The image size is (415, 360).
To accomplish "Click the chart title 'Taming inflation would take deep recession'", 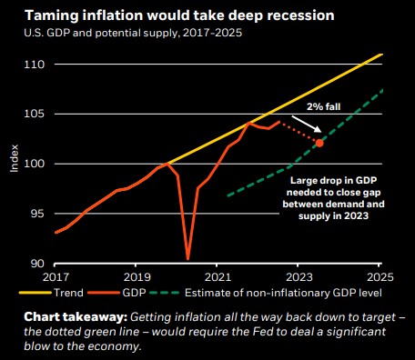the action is tap(179, 15).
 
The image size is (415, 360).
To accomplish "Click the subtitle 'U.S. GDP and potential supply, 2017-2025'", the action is tap(133, 33).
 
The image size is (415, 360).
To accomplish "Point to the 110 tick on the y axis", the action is tap(35, 65).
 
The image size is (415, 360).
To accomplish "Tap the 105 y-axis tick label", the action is tap(35, 114).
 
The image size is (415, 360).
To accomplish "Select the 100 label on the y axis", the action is tap(35, 164).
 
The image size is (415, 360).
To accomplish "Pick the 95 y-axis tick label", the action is tap(37, 214).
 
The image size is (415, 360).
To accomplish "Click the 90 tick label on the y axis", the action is tap(37, 264).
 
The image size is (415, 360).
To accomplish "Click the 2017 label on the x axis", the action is tap(56, 277).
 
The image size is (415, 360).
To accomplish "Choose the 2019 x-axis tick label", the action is tap(137, 277).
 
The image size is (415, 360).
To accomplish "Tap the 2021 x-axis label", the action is tap(218, 277).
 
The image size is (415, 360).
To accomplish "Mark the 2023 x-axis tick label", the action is tap(299, 277).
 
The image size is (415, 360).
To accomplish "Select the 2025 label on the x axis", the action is tap(380, 277).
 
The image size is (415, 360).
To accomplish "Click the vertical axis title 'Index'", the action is tap(15, 158).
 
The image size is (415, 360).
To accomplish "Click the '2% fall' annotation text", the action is tap(323, 106).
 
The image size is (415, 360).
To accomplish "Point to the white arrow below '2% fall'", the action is tap(307, 124).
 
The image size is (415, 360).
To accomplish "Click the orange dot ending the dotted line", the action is tap(319, 143).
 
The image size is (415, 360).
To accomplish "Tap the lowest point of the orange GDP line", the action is tap(187, 259).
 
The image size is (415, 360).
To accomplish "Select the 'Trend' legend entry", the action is tap(51, 293).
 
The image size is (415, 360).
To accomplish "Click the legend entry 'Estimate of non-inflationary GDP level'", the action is tap(266, 293).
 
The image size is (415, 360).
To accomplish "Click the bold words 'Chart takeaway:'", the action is tap(76, 317).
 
